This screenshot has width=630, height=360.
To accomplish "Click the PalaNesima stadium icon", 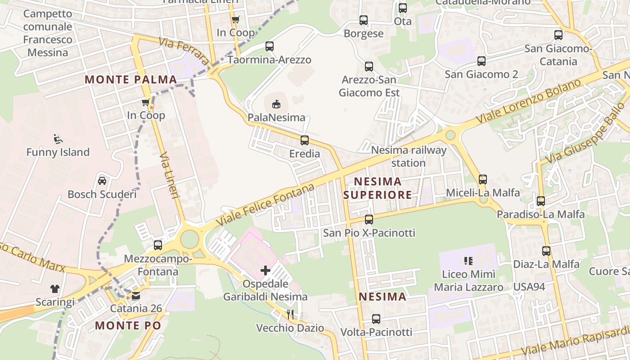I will (276, 104).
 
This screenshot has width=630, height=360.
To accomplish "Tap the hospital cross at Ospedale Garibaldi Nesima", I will (265, 270).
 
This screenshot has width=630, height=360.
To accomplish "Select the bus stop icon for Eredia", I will (305, 140).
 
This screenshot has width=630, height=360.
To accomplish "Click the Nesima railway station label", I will (409, 156).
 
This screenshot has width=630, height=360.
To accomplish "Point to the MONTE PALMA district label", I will (130, 80).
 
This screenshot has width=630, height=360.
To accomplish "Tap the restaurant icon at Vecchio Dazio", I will (290, 314).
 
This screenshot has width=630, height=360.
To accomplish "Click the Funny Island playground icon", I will (58, 139).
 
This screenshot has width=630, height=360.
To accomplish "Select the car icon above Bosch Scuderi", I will (102, 181).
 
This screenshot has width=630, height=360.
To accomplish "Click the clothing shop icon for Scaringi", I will (55, 288).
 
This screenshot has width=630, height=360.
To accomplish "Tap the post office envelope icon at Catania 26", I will (136, 296).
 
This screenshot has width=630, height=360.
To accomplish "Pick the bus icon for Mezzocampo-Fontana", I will (158, 245).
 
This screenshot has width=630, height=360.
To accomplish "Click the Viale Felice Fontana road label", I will (265, 205).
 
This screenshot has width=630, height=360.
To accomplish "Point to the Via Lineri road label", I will (170, 175).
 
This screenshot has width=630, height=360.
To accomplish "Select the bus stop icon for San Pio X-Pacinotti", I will (369, 220).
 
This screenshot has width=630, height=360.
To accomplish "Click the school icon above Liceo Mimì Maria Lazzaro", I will (468, 261).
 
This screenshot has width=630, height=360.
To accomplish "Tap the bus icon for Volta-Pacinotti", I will (376, 319).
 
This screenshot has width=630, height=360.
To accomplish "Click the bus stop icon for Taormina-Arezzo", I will (270, 46).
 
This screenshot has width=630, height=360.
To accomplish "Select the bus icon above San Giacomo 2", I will (481, 61).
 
